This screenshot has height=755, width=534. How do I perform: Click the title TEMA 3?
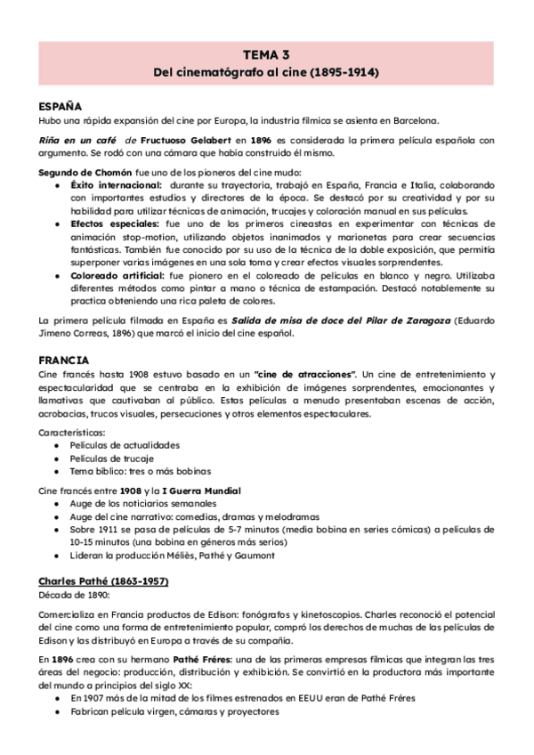(266, 55)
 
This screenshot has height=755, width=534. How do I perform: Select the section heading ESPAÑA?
(60, 105)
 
